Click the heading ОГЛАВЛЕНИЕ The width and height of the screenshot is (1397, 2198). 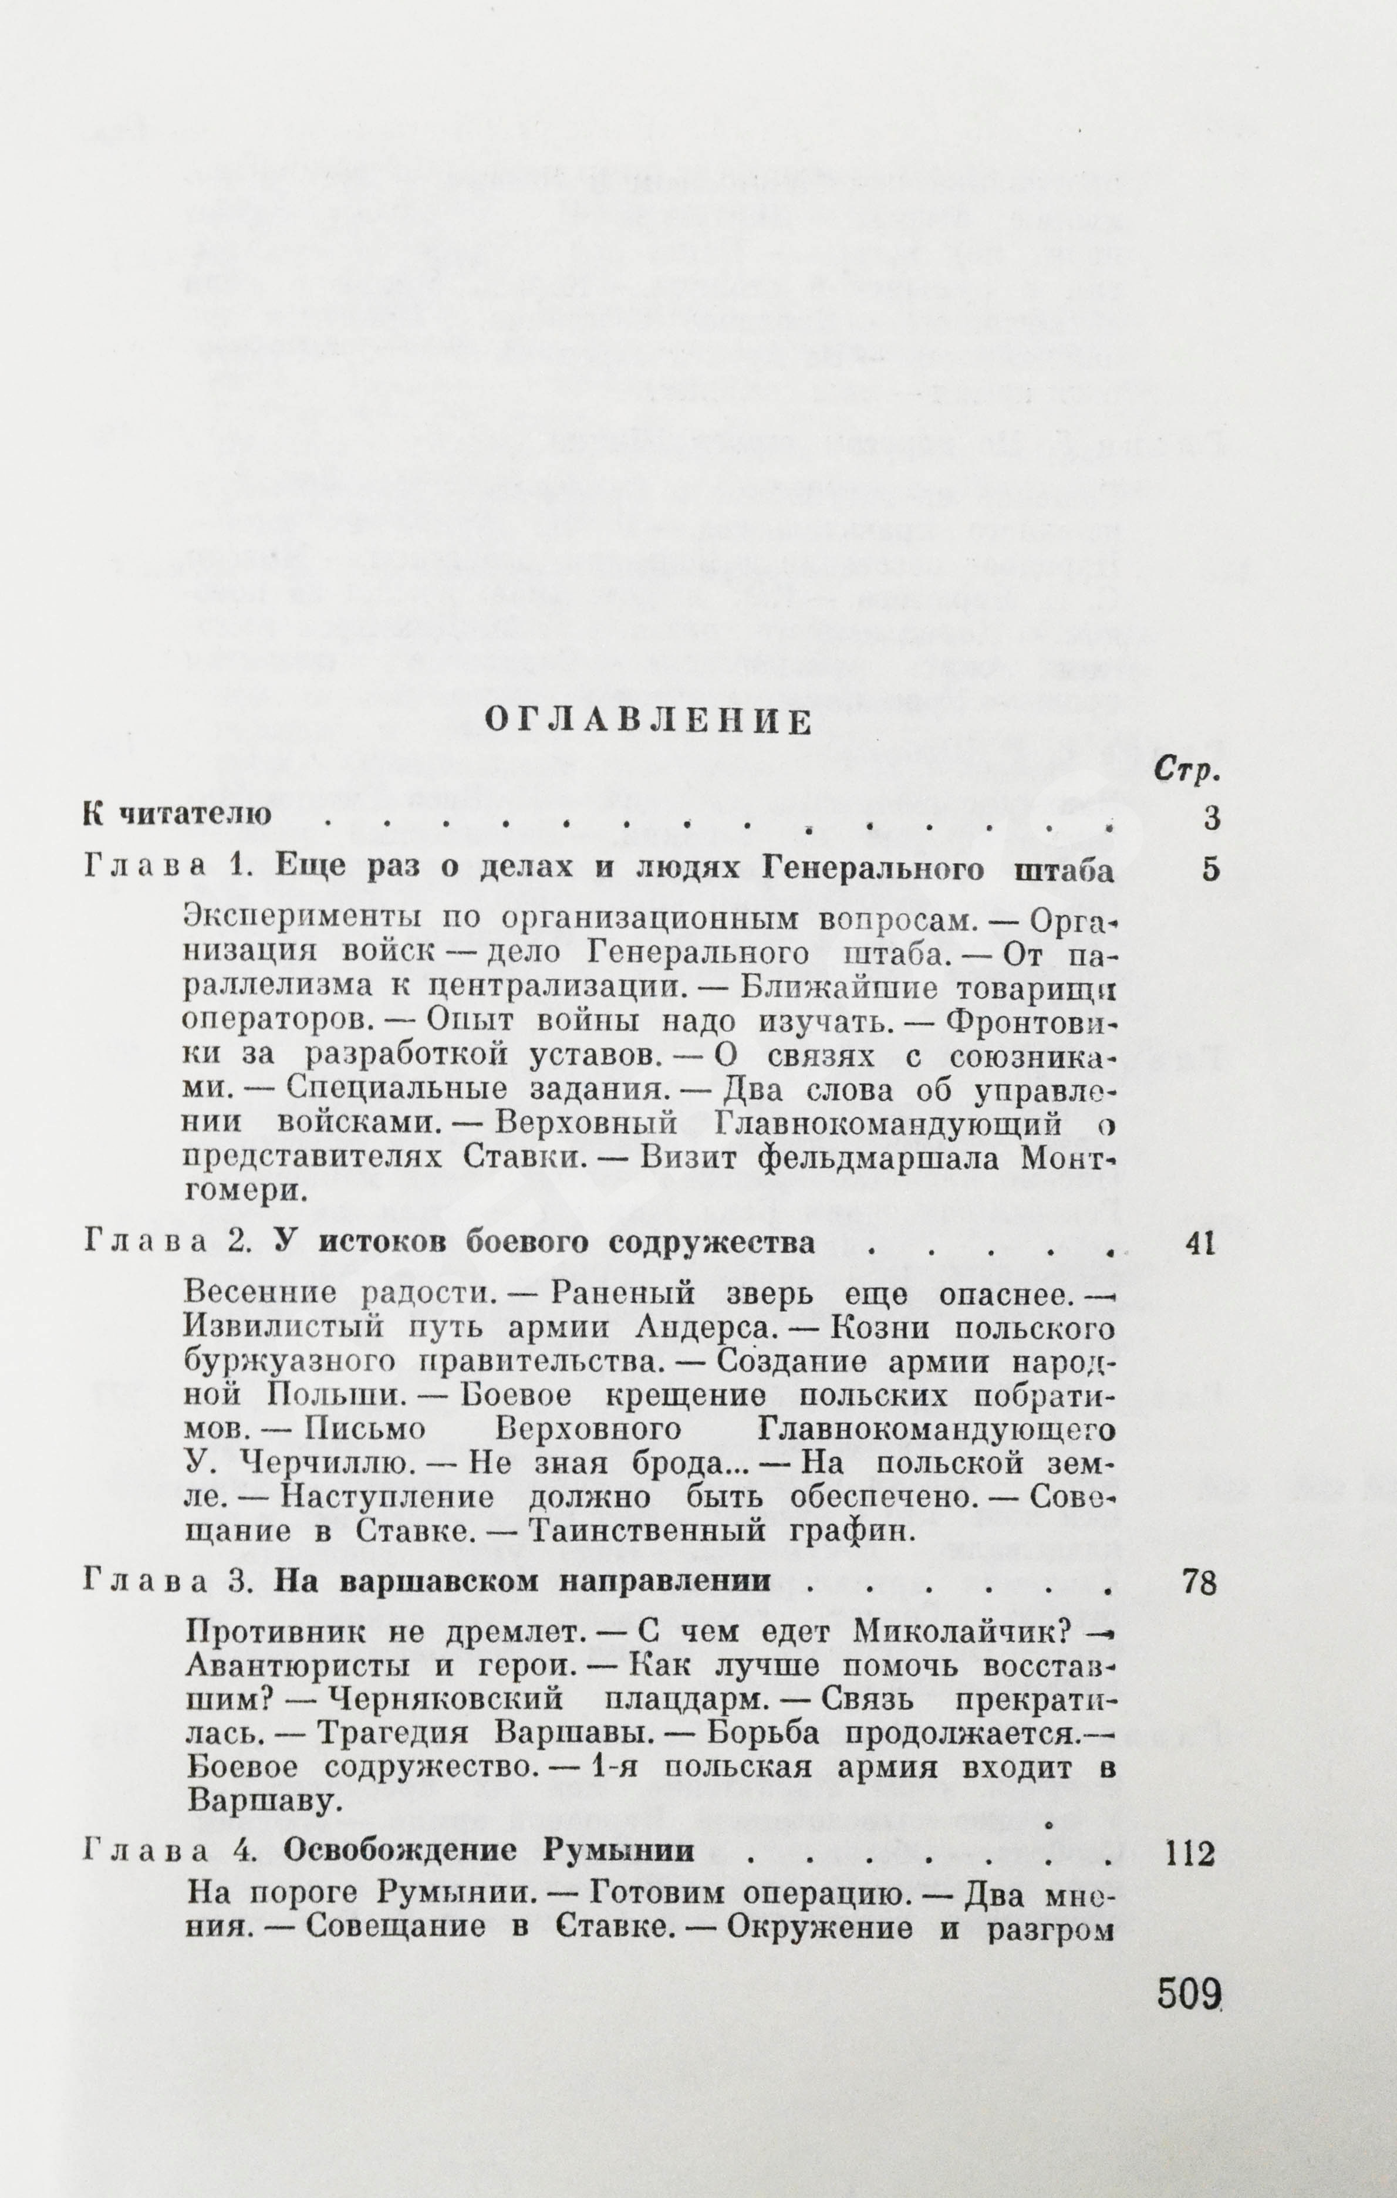[x=647, y=723]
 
